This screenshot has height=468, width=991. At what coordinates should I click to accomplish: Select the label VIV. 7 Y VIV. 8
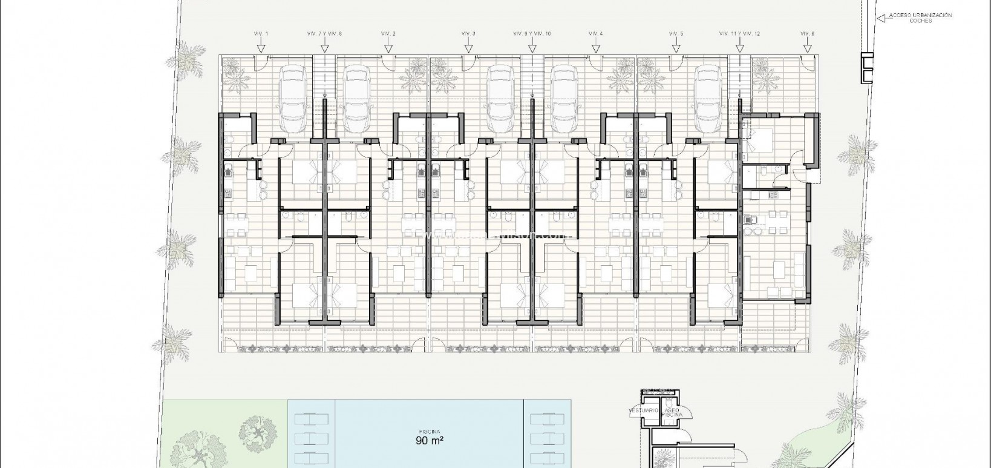tap(325, 34)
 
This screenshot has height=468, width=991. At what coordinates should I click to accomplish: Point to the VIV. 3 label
tap(468, 34)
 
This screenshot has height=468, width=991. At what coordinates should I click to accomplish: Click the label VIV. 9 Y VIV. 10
tap(532, 34)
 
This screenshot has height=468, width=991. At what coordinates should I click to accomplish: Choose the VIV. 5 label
tap(676, 34)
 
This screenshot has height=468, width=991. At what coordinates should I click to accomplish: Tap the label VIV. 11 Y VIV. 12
tap(739, 34)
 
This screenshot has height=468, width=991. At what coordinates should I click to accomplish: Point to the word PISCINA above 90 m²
tap(430, 431)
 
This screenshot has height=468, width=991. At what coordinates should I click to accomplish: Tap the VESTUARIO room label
tap(644, 410)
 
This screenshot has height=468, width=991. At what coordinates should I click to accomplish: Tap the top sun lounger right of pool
tap(548, 419)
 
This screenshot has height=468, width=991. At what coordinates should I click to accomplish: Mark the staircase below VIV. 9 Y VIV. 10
tap(532, 76)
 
